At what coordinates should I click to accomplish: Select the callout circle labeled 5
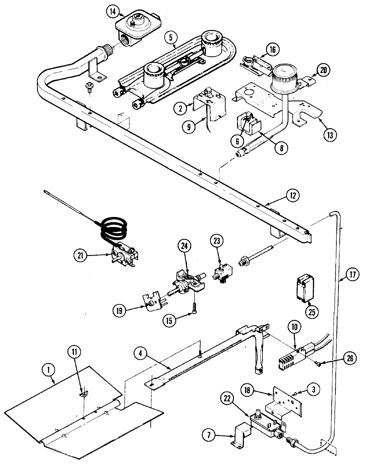(x=170, y=38)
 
